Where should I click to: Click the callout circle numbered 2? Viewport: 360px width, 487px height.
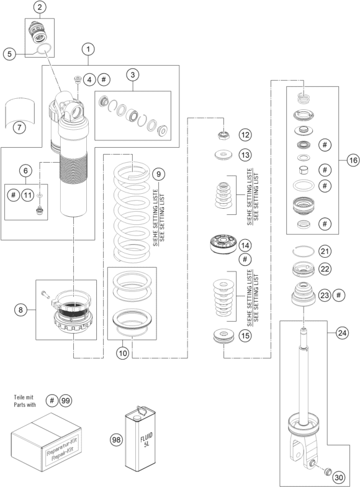[x=40, y=7]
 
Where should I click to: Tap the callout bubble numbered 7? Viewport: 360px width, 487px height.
[x=19, y=127]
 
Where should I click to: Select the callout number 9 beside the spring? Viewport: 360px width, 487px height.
[x=159, y=174]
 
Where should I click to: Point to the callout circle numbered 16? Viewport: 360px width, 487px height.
[x=353, y=160]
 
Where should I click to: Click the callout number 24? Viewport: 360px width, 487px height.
[x=342, y=333]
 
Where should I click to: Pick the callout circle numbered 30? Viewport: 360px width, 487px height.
[x=340, y=478]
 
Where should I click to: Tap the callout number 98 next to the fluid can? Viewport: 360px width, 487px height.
[x=117, y=440]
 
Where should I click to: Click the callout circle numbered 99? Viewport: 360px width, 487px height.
[x=65, y=401]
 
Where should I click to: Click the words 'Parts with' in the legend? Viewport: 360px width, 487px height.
[x=25, y=405]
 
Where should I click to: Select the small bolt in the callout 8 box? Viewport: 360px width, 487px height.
[x=45, y=293]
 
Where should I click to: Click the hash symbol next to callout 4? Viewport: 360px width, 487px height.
[x=104, y=80]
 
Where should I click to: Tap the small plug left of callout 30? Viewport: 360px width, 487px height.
[x=326, y=471]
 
